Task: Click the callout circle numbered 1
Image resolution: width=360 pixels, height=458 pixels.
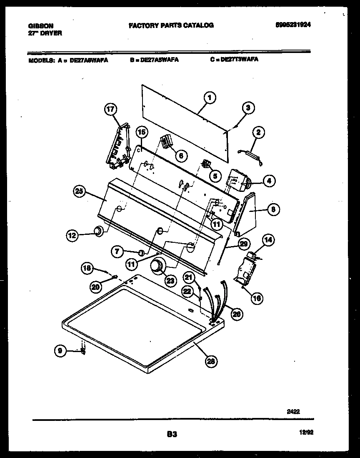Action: pos(210,98)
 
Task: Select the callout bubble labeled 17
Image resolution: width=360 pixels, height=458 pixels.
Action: pos(110,110)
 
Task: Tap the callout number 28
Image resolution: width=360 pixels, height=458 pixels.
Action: pos(211,361)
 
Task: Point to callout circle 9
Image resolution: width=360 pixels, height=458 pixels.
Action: pos(60,351)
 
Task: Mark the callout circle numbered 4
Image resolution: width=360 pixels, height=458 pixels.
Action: pos(269,181)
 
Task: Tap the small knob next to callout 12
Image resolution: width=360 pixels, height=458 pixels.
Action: pos(98,231)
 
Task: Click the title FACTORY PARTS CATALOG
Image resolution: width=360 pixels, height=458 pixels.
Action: pos(171,25)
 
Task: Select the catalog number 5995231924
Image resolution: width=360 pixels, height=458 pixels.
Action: pos(293,25)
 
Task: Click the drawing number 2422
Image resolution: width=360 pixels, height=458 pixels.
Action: pos(293,411)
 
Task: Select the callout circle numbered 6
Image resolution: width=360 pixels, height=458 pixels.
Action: pos(180,156)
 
